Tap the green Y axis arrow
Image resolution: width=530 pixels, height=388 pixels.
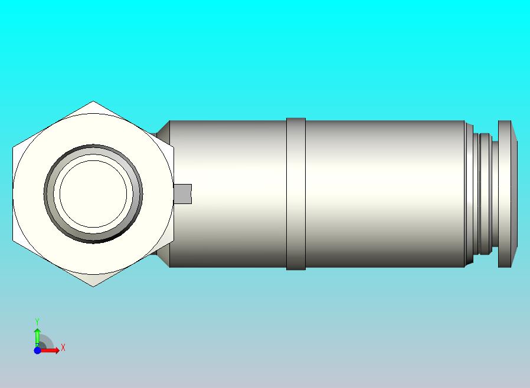pos(37,338)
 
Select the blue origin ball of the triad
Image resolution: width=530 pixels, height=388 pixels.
pos(37,350)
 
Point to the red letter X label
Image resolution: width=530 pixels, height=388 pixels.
pos(63,347)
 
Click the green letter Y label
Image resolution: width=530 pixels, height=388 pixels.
pos(37,321)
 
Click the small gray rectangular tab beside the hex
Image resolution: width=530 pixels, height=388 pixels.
pos(182,194)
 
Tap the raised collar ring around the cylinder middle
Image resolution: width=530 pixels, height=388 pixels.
pos(296,194)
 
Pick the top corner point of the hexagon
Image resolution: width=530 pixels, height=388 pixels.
pos(93,101)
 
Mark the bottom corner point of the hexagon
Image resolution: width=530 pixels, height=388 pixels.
pos(93,287)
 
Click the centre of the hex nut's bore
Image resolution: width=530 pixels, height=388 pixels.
pos(93,194)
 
